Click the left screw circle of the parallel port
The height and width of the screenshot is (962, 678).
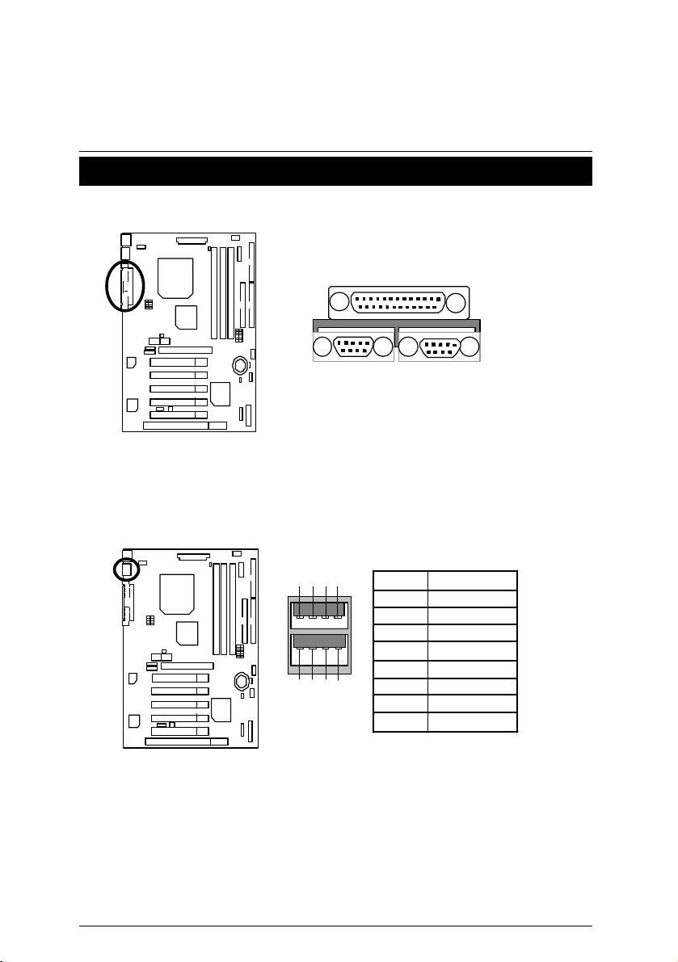click(x=340, y=303)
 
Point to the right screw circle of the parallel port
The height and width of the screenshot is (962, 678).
click(x=457, y=303)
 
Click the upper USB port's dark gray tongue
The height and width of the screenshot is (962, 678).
click(x=318, y=609)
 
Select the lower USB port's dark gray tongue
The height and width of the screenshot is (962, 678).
click(x=318, y=642)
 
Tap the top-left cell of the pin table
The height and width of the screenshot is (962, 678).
click(x=400, y=580)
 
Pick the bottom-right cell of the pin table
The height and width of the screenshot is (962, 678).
click(x=472, y=722)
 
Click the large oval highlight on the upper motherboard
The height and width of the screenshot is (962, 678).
click(x=124, y=285)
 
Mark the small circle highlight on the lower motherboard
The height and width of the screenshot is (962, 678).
click(x=126, y=569)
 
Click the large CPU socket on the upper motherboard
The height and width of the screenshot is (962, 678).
click(x=176, y=277)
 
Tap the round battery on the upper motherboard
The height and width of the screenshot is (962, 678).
click(x=240, y=365)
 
